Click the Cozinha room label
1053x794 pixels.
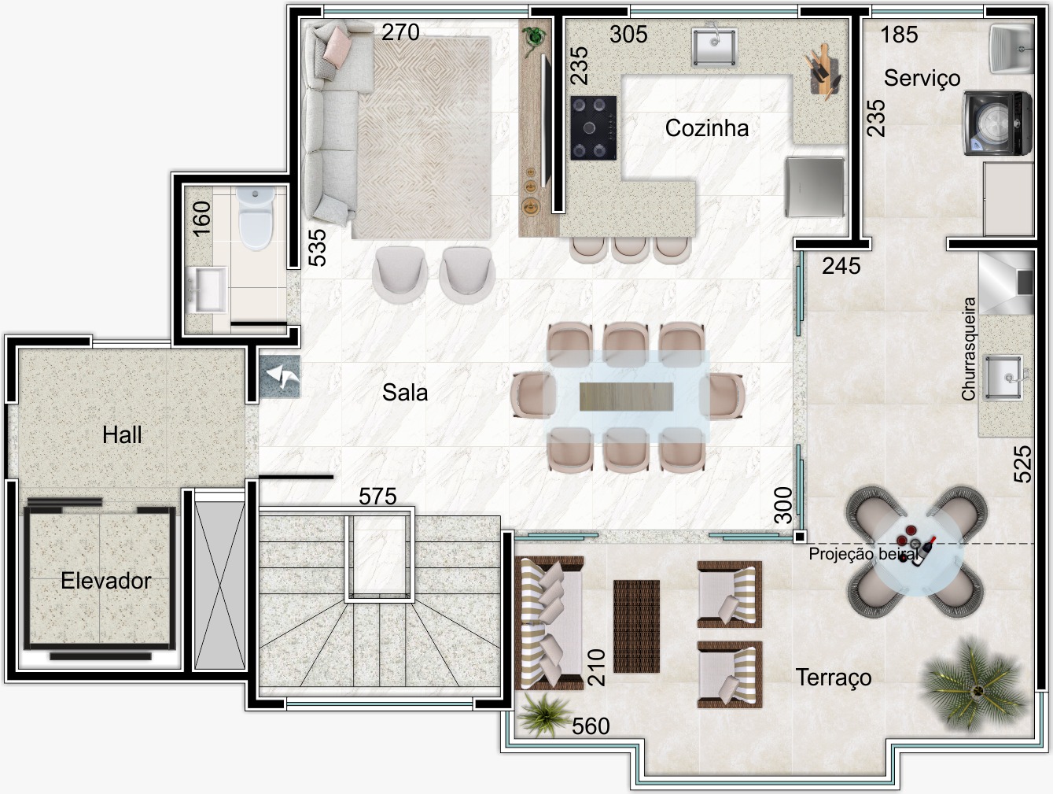click(707, 128)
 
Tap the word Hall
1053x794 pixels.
click(122, 435)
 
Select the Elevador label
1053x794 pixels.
click(106, 581)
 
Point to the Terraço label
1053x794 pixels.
click(834, 678)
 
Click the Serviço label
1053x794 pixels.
click(922, 78)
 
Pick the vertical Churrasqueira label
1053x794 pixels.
click(969, 349)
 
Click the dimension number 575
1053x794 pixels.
click(377, 497)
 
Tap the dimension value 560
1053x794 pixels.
click(591, 726)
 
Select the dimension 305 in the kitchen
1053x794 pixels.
click(628, 35)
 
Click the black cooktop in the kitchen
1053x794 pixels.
click(594, 127)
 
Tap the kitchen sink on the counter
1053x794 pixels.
click(714, 47)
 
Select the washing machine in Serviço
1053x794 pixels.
click(998, 124)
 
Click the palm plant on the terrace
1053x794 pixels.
click(973, 685)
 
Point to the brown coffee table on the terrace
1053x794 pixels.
click(637, 626)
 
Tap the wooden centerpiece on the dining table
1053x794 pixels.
click(626, 397)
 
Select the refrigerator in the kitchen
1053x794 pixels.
click(815, 187)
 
